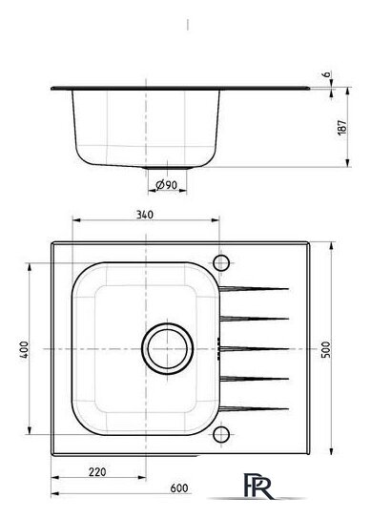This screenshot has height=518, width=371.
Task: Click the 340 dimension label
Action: [145, 215]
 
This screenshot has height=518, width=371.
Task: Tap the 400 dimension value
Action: [24, 349]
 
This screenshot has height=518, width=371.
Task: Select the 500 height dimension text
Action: [326, 349]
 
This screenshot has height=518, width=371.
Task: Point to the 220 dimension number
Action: [97, 472]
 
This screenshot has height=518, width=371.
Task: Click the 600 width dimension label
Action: [179, 487]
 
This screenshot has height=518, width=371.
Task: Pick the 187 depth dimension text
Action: [342, 127]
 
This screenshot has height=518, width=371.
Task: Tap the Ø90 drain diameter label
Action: [166, 185]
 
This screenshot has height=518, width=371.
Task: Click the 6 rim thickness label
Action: [326, 74]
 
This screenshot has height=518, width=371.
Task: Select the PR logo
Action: [258, 486]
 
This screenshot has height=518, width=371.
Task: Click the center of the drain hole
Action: [168, 348]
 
